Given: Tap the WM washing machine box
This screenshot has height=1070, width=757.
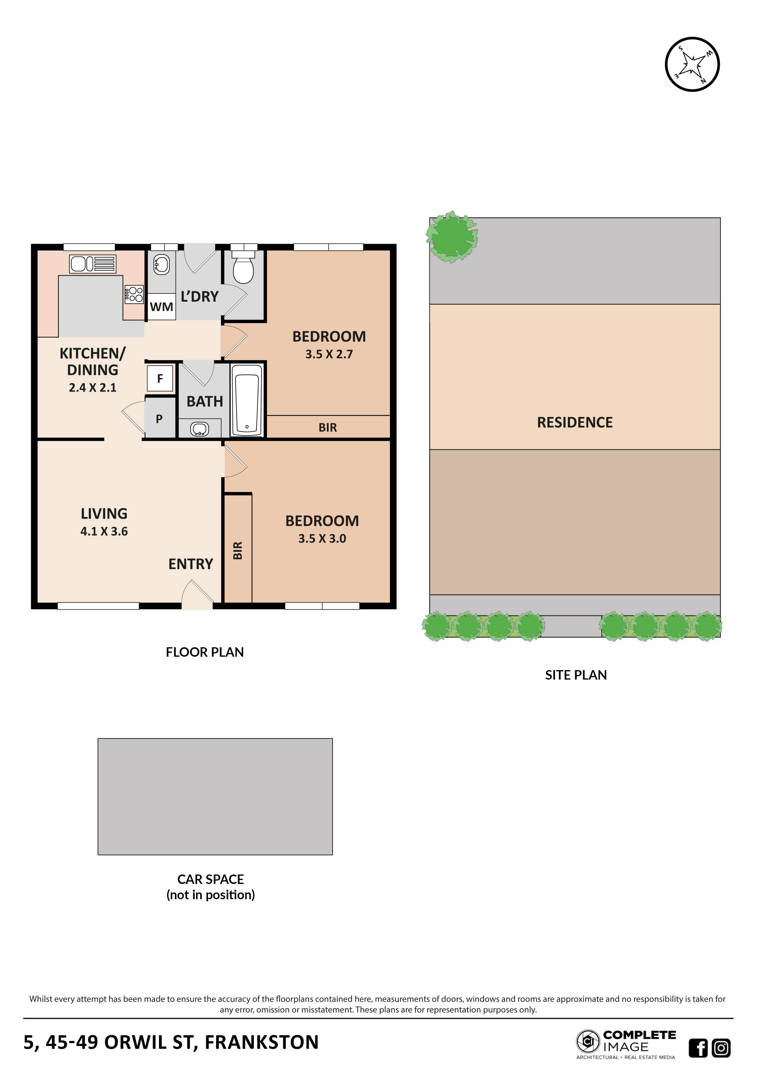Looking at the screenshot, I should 161,307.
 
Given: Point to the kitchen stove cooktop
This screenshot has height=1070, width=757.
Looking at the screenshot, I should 134,294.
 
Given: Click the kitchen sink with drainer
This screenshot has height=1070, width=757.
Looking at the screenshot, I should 92,264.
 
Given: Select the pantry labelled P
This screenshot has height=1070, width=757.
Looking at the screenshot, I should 159,418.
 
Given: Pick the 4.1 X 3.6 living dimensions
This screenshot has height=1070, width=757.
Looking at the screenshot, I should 104,531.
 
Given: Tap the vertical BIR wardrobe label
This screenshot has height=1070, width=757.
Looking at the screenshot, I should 238,550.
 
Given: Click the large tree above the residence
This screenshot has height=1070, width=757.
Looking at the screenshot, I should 451,237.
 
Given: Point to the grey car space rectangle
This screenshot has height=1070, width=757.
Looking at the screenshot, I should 215,796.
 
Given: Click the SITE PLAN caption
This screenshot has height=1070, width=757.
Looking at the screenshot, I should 576,675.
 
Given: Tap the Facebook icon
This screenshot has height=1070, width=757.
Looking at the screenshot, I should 698,1048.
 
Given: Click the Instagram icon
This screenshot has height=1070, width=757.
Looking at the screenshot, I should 721,1048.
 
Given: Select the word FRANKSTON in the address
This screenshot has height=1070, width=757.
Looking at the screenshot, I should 261,1042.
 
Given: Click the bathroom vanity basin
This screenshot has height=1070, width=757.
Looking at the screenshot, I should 200,429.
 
